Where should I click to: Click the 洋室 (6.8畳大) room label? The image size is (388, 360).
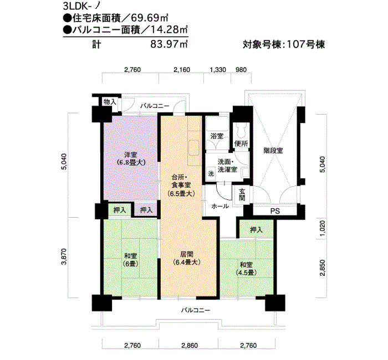click(x=131, y=159)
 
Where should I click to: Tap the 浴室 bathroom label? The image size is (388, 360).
click(x=217, y=136)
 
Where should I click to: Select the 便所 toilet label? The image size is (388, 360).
click(x=241, y=143)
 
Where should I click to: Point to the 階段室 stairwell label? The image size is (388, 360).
click(x=273, y=151)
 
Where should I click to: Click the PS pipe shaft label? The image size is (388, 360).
click(x=275, y=211)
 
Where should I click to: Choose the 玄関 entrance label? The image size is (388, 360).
click(x=242, y=194)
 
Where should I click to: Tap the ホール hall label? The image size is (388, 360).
click(x=219, y=206)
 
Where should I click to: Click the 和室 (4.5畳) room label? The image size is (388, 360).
click(x=246, y=269)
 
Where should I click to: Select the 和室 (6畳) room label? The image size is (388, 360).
click(x=130, y=260)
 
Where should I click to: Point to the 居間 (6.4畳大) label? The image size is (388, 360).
click(x=187, y=258)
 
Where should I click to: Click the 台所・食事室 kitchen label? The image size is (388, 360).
click(x=181, y=185)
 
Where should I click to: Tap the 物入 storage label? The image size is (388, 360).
click(x=110, y=101)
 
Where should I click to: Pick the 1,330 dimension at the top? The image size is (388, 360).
click(x=218, y=70)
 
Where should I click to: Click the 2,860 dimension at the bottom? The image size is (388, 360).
click(x=190, y=346)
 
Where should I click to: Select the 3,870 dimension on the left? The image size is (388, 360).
click(x=64, y=256)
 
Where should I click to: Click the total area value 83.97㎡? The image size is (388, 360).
click(x=169, y=44)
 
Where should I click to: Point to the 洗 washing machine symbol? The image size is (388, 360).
click(x=211, y=174)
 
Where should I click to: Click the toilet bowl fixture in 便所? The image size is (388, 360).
click(x=241, y=130)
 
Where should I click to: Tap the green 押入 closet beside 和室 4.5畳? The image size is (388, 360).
click(x=256, y=230)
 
